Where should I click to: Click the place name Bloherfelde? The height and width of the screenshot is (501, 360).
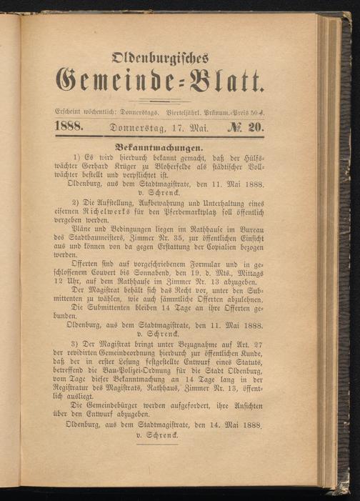pyautogui.click(x=207, y=174)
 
